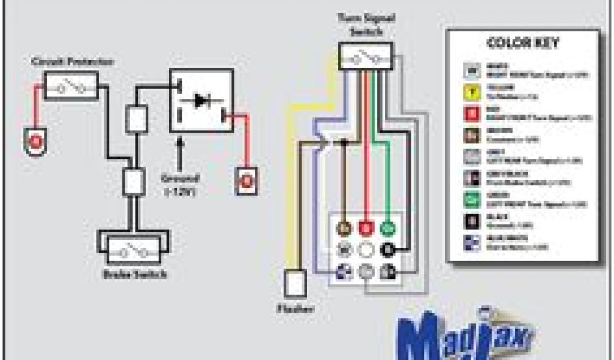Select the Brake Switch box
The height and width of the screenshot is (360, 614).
pos(134,248)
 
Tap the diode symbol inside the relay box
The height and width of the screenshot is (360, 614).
pos(201,101)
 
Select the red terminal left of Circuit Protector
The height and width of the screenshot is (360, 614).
pos(37,142)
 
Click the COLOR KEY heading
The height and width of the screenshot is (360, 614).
pos(523,43)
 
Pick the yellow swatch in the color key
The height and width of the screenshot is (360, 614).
pos(473,92)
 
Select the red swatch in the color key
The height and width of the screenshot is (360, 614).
pos(473,113)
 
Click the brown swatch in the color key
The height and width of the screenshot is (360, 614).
pos(473,134)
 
